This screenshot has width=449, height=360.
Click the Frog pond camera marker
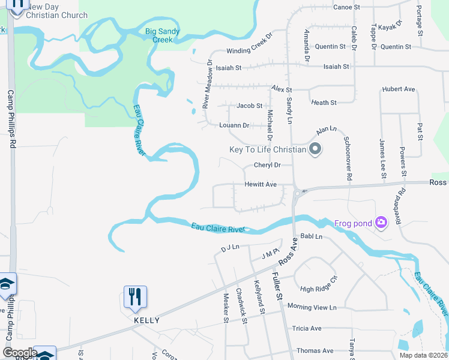[x=381, y=223]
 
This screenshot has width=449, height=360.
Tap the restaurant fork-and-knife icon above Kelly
[x=136, y=296]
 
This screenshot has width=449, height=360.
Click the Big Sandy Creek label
[x=159, y=35]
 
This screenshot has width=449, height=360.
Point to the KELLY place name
[x=146, y=320]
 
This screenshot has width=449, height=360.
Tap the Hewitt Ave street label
[x=260, y=185]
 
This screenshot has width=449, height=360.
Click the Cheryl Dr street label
[x=267, y=165]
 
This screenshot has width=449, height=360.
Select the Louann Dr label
[x=234, y=125]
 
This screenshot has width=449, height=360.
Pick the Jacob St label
[x=249, y=106]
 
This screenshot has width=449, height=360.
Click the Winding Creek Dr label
[x=249, y=52]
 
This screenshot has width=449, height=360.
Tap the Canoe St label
[x=346, y=7]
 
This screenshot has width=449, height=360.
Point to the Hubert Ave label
[x=398, y=89]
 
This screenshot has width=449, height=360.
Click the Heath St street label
[x=324, y=103]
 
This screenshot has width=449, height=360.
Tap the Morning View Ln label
[x=312, y=307]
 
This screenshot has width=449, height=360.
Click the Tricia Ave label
[x=307, y=328]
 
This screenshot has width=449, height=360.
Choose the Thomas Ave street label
[x=315, y=350]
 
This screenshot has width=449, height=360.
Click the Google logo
[x=20, y=352]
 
